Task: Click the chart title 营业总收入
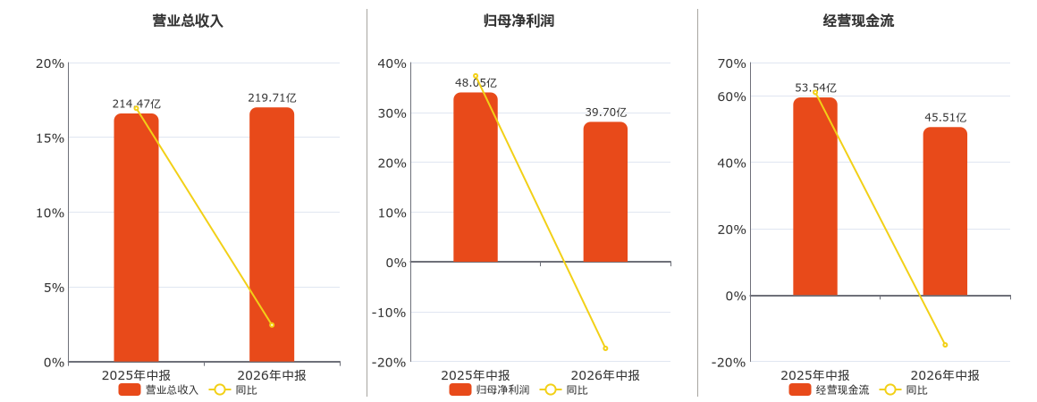188,21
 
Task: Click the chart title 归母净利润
518,21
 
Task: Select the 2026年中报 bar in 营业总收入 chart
271,235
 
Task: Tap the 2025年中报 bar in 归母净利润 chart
476,177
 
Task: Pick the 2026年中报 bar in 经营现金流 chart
944,212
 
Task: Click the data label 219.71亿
272,98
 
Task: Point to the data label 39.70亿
606,113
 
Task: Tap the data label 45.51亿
945,118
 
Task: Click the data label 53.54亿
815,88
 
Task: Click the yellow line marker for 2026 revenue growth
272,325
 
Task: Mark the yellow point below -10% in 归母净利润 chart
605,348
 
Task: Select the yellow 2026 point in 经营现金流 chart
945,345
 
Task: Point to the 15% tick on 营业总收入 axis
49,138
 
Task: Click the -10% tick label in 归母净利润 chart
388,312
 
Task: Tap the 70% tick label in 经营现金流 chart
731,63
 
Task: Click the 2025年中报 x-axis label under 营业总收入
136,375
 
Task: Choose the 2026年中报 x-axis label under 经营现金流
945,375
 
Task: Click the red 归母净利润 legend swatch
460,389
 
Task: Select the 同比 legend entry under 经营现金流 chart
907,389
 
